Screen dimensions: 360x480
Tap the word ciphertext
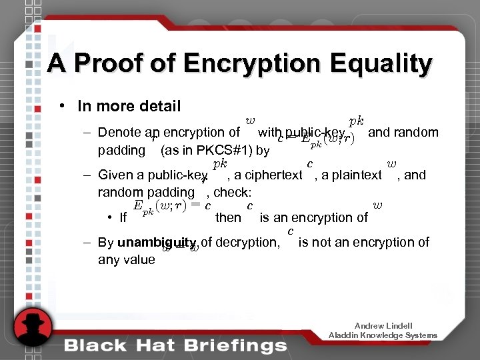tap(274, 175)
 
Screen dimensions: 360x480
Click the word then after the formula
tap(229, 217)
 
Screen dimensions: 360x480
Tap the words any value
tap(126, 259)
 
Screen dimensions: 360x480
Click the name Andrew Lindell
tap(383, 325)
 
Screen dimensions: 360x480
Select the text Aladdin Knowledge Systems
tap(383, 335)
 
